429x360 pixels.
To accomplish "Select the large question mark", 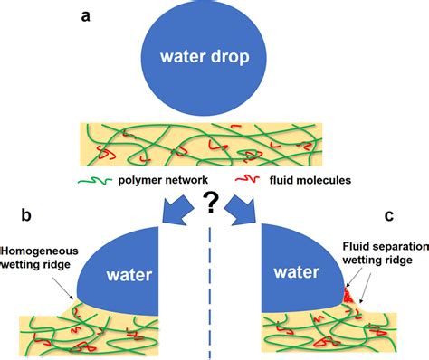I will point(214,205).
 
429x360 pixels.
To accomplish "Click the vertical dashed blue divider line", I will point(214,289).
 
